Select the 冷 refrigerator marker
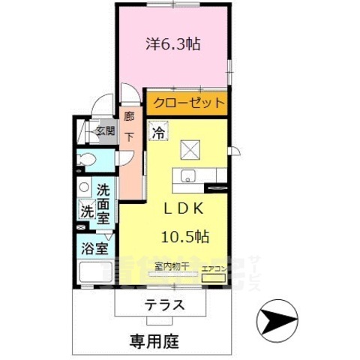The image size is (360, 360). [159, 133]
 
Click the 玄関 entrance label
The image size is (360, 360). [105, 131]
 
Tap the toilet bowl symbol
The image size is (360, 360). [87, 160]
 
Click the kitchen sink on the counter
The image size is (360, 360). [185, 177]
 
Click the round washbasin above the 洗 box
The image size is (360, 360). [85, 188]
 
